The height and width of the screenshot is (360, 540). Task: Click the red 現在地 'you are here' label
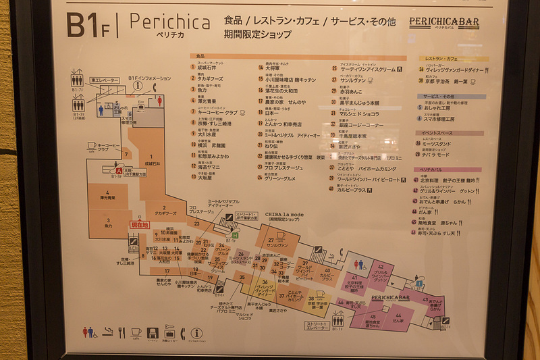tap(140, 224)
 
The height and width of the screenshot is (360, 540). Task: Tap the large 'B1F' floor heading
tap(87, 24)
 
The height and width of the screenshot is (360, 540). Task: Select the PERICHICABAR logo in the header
tap(444, 22)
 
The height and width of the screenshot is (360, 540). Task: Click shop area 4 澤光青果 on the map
tap(107, 195)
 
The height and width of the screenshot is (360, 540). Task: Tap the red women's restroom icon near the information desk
tap(159, 101)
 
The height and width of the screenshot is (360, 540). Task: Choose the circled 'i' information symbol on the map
tap(138, 86)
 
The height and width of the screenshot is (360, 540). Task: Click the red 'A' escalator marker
tap(119, 172)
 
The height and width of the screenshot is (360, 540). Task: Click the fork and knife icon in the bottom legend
tap(122, 332)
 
